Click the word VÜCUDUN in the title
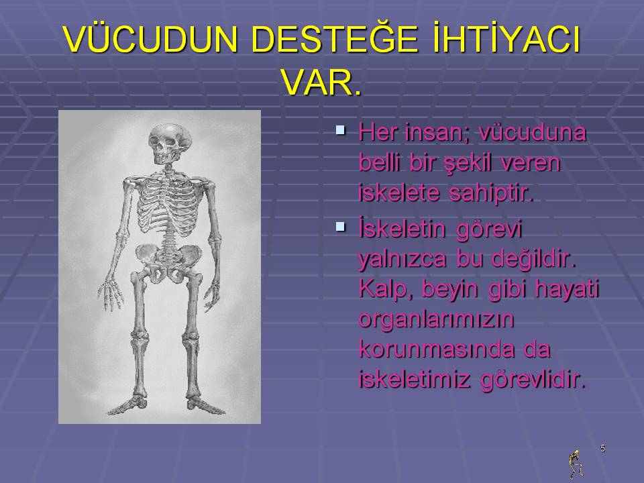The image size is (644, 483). coord(151,39)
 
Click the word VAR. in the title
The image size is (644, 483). coord(322,83)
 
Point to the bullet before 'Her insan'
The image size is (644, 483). coord(340,130)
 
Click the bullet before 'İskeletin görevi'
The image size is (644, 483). coord(340,226)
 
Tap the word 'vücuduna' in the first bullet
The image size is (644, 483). coord(533,132)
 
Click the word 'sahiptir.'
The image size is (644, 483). coord(491,193)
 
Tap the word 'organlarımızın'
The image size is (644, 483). coord(437,319)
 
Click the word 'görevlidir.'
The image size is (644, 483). coord(533,380)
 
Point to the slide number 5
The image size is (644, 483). coord(602,448)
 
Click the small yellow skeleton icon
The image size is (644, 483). coord(576,464)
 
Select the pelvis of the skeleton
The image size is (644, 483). coord(169,262)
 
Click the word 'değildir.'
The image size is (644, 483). coord(534,259)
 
